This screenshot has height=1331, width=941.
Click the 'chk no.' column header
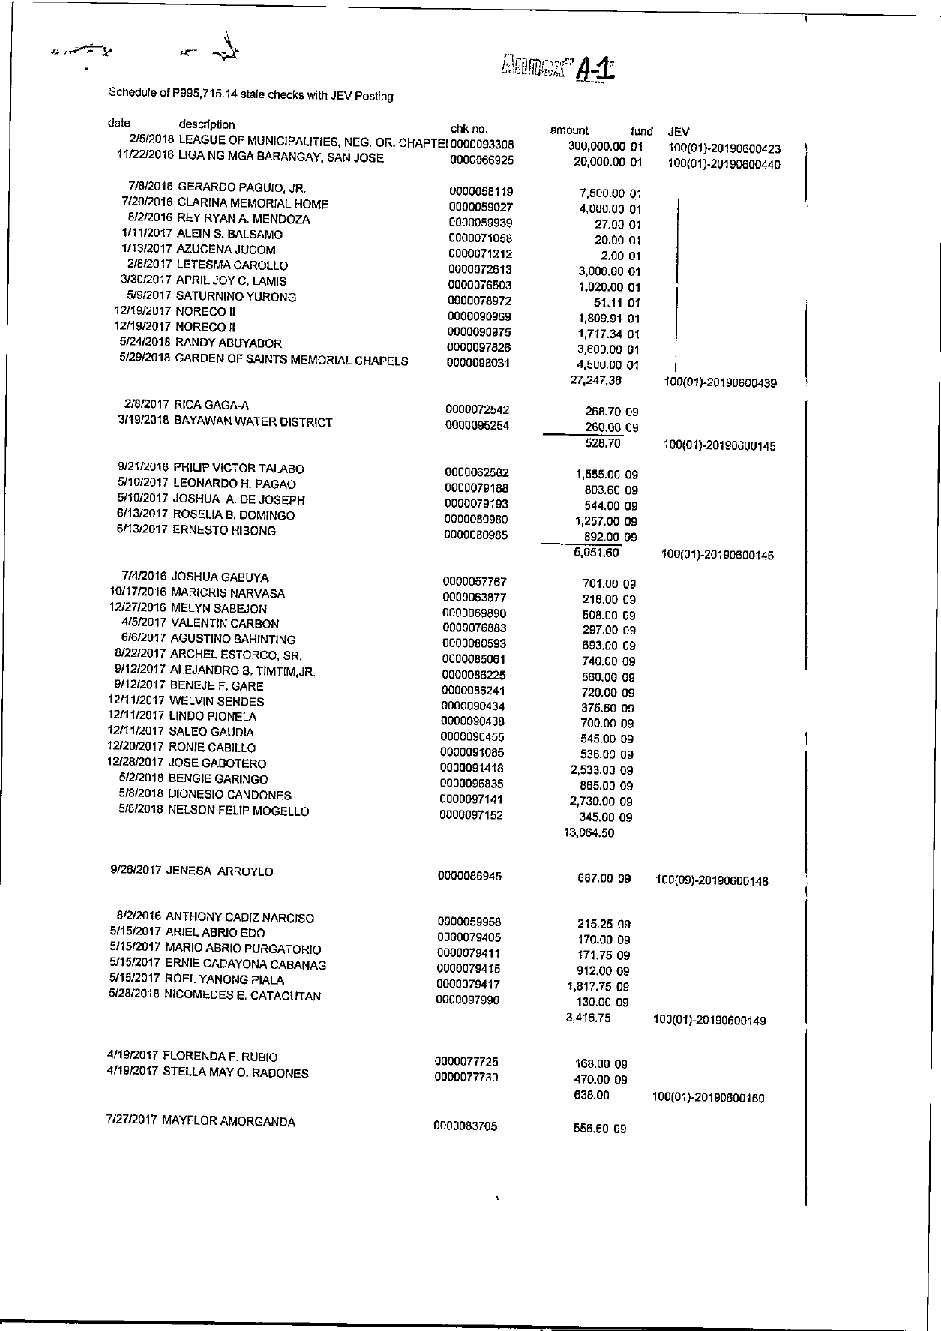(469, 129)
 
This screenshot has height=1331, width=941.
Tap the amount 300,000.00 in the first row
(597, 146)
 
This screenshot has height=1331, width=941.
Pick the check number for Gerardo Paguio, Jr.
(481, 192)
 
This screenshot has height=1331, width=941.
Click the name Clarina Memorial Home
(253, 204)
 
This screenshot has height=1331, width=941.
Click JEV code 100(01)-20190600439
(720, 383)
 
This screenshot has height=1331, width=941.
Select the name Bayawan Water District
(253, 422)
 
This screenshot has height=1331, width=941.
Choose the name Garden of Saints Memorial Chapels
(292, 360)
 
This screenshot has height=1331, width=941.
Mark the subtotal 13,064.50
(589, 832)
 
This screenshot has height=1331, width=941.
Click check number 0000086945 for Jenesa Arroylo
(469, 876)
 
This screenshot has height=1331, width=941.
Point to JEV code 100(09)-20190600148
(712, 881)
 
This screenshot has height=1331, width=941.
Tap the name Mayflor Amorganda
(228, 1122)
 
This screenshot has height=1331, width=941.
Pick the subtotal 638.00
(590, 1096)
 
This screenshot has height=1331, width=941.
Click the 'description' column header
(206, 124)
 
